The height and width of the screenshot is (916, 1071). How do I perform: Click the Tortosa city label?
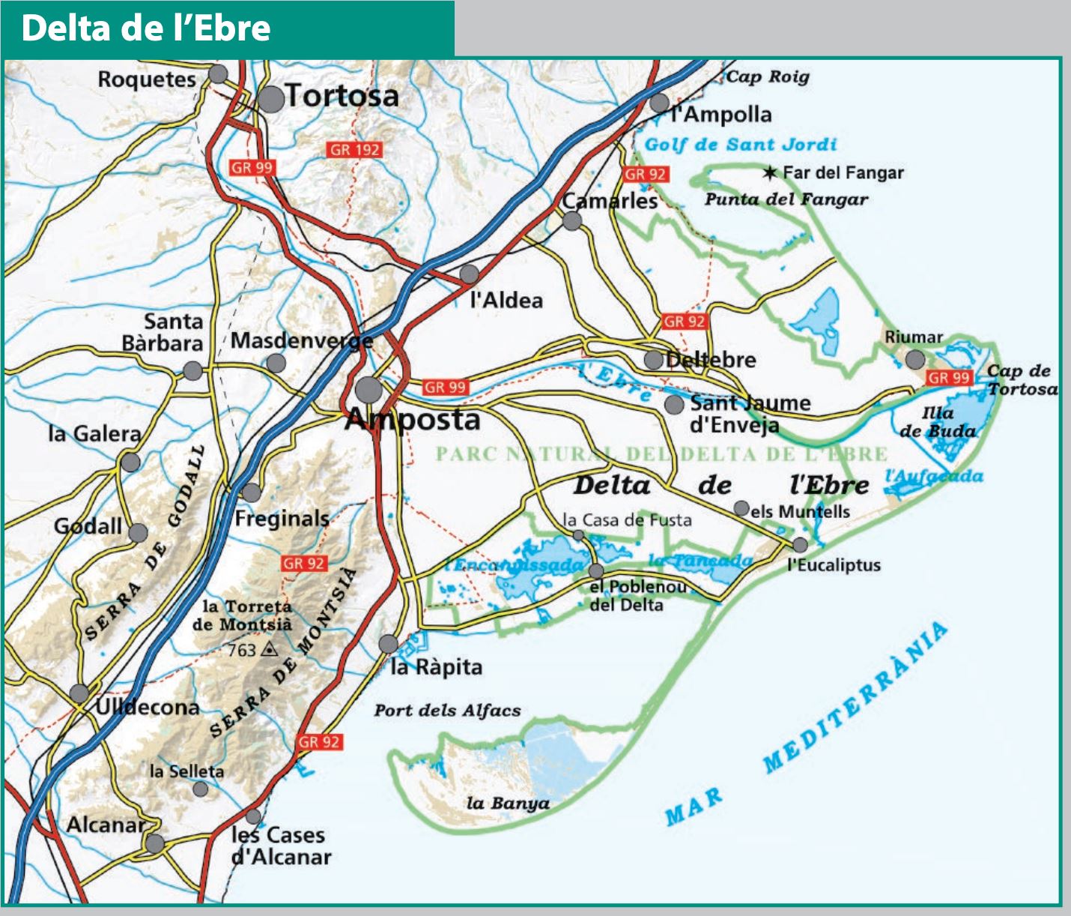pos(342,96)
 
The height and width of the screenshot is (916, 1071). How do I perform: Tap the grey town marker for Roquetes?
pos(218,73)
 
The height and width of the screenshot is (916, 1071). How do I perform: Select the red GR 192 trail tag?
pos(355,150)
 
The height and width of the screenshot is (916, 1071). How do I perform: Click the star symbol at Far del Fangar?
pos(770,173)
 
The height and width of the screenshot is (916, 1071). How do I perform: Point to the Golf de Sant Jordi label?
pos(740,145)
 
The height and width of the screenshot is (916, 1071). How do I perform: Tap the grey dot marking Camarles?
pos(572,221)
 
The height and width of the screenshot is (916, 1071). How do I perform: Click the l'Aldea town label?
pos(506,301)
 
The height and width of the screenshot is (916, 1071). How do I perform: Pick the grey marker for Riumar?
pos(915,360)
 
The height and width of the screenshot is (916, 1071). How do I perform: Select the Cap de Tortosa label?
pos(1022,379)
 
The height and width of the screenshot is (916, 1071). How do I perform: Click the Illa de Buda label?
pos(938,422)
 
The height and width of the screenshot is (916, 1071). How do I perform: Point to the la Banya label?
pos(508,804)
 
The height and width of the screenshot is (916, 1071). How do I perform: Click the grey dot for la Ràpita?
pos(388,644)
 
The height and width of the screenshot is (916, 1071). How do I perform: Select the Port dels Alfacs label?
pos(447,711)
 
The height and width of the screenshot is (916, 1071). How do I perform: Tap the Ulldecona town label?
pos(148,707)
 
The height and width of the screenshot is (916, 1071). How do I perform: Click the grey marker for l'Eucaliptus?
pos(800,545)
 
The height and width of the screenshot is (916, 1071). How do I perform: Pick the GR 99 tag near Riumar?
pos(949,378)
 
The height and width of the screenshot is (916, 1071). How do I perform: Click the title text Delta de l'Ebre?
pos(146,28)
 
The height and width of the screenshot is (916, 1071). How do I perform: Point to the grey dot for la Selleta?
pos(200,789)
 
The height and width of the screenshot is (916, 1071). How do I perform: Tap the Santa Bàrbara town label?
pos(163,332)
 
